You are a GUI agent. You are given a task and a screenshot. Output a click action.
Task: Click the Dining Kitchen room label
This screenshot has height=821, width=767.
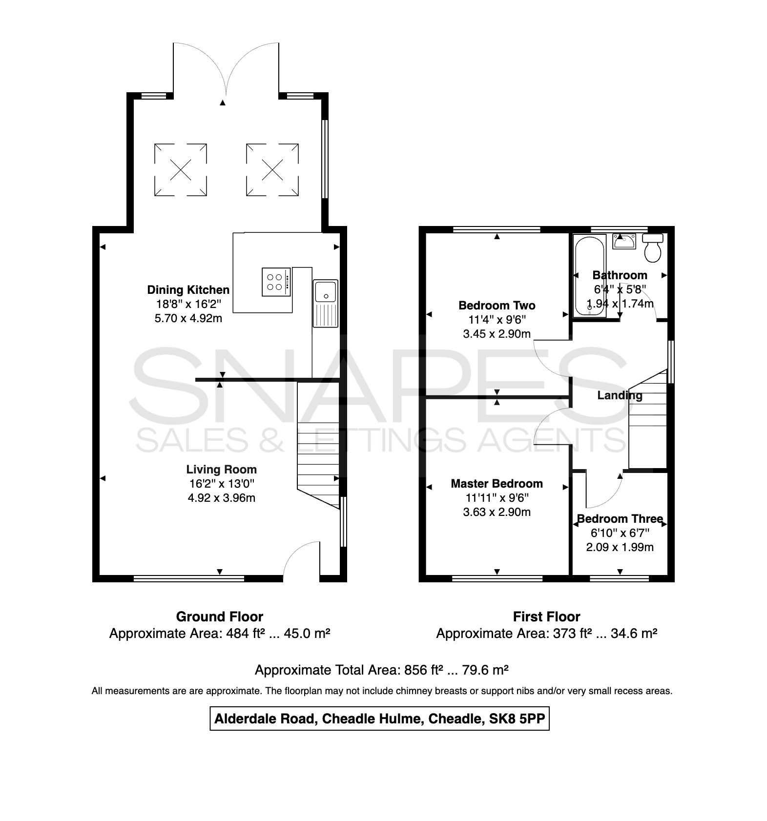pos(188,290)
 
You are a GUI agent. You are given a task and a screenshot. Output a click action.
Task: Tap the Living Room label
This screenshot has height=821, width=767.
pos(221,470)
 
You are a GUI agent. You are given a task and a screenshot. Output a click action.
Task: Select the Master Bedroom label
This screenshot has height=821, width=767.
pos(497,484)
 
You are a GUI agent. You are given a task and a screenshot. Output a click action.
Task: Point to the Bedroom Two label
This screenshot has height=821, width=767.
pos(497,306)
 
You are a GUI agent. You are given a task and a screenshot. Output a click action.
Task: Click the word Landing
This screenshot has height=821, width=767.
pos(620,396)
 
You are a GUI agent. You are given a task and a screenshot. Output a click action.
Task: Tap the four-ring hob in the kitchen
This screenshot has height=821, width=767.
pos(276,282)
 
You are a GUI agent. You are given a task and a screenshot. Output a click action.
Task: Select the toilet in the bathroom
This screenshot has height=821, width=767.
pos(653,247)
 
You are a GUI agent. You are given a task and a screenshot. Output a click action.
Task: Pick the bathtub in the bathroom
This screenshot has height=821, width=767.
pos(589,276)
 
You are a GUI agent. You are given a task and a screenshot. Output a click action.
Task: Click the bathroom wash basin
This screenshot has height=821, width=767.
pos(624,241)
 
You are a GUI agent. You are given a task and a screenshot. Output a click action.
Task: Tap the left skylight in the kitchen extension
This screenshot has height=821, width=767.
pos(181,170)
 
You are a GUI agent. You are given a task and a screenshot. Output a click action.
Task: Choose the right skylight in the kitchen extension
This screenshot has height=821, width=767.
pos(272,170)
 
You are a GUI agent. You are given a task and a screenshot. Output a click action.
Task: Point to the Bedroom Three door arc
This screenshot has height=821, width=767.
pos(613,498)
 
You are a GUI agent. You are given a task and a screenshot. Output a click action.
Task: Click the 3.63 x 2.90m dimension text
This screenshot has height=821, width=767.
pos(497,512)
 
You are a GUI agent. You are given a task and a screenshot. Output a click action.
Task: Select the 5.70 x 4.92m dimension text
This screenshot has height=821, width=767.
pos(188,319)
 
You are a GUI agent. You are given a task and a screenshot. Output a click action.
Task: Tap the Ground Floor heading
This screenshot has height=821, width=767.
pos(220,617)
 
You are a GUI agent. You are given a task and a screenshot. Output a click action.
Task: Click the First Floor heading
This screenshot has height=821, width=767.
pos(546,617)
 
